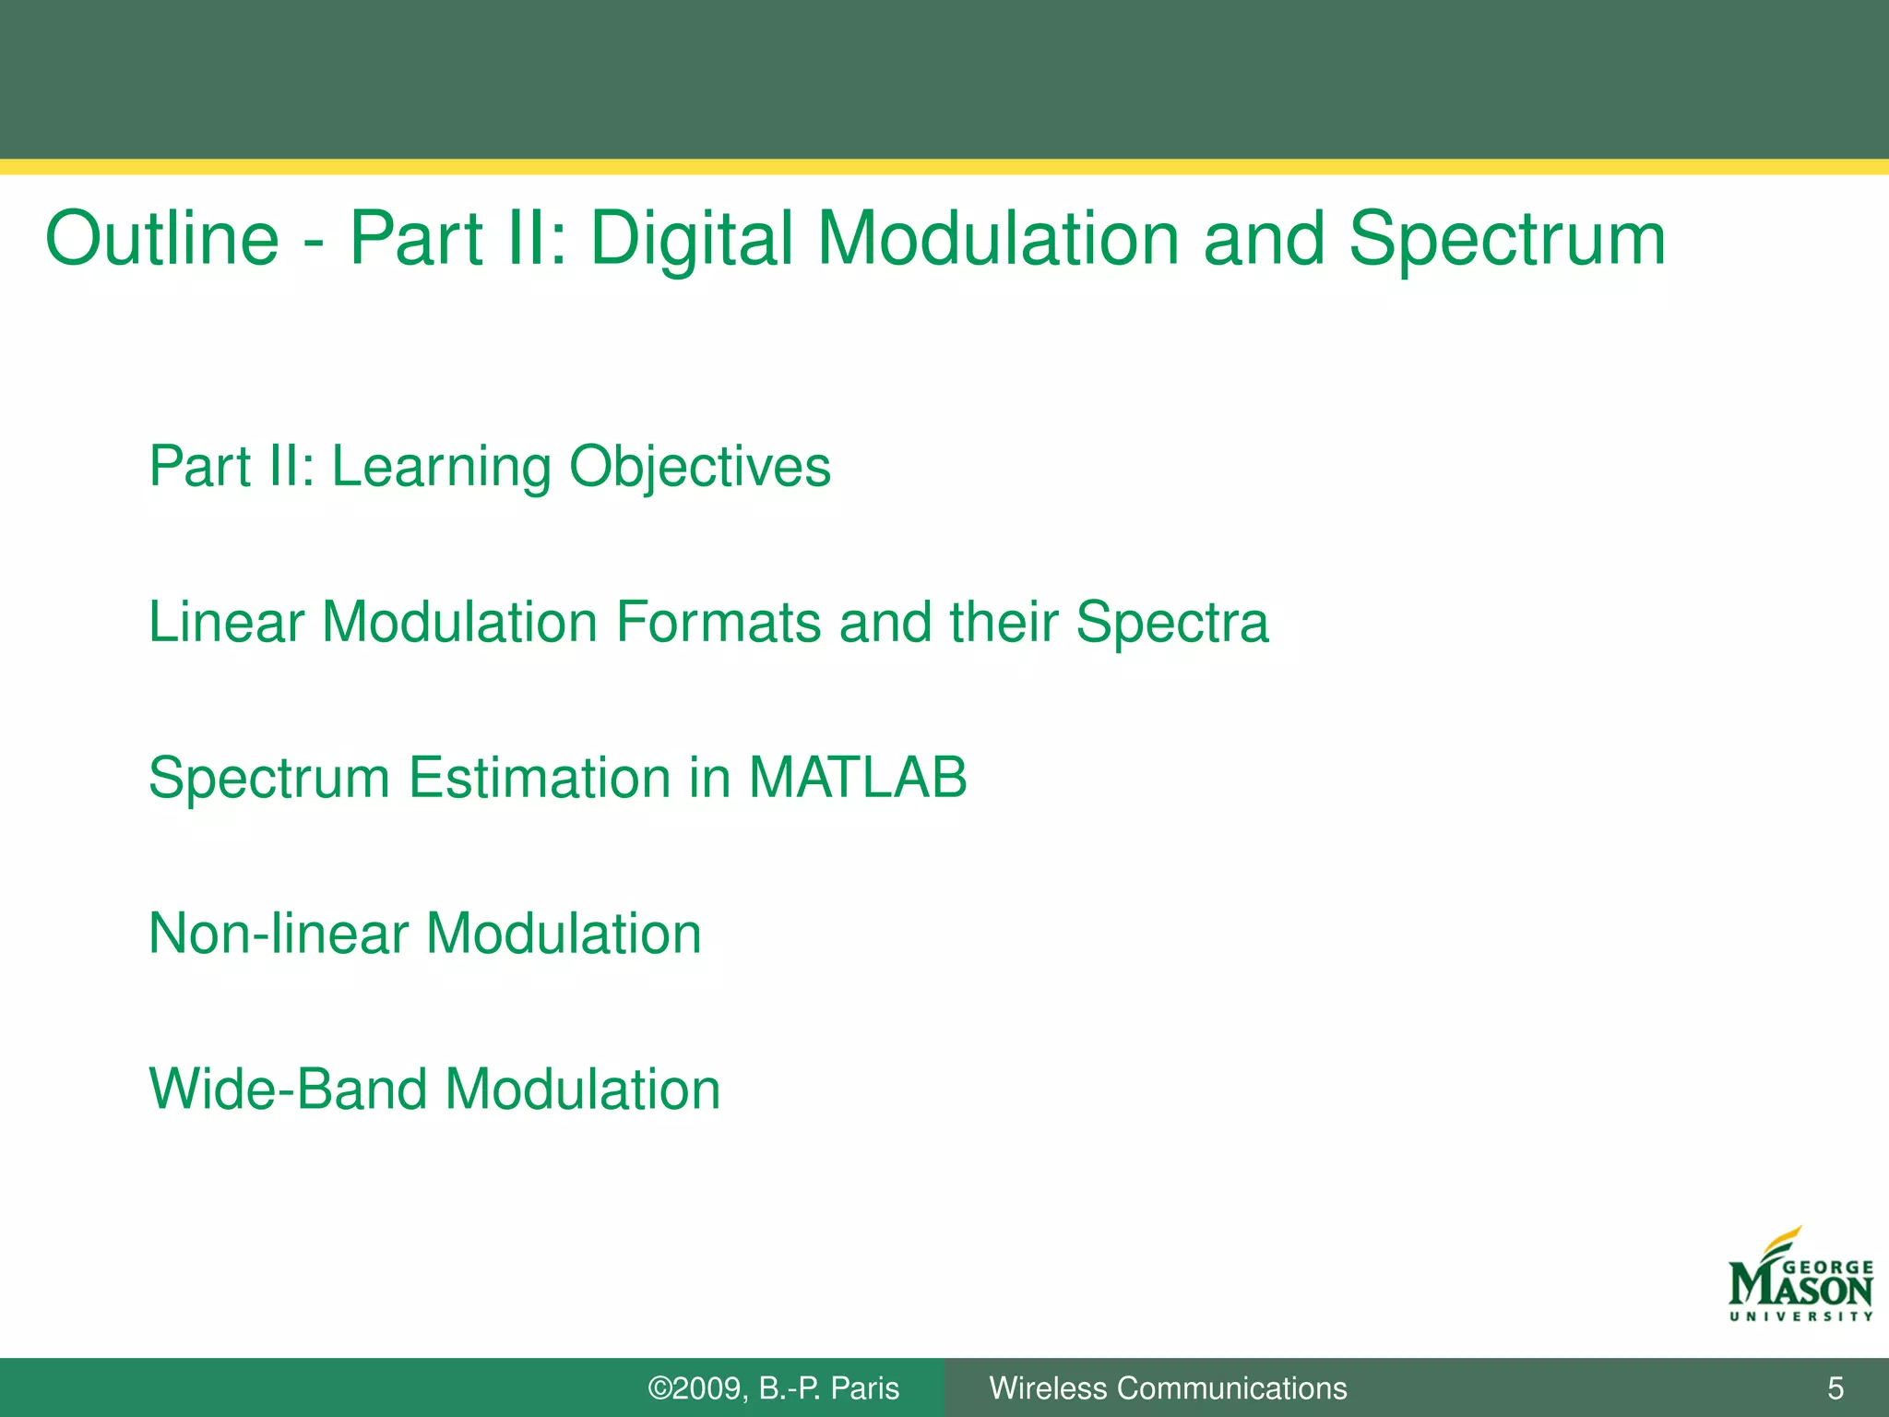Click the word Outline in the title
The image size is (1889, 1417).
[162, 239]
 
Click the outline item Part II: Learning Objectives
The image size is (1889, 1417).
[490, 467]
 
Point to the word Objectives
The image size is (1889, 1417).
[700, 467]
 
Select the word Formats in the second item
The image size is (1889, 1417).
[719, 622]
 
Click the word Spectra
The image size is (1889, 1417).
[1172, 624]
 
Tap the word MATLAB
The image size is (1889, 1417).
[858, 777]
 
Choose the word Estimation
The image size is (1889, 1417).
[541, 777]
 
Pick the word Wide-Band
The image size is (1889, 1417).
[288, 1089]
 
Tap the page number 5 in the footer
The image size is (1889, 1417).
[1836, 1387]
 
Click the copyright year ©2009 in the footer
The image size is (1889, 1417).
[696, 1388]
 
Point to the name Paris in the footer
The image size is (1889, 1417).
[864, 1388]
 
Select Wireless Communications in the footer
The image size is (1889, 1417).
[1168, 1388]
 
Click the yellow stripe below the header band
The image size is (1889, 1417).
[944, 167]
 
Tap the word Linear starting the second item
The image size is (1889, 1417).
[226, 622]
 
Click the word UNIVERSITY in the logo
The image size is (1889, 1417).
[1800, 1316]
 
